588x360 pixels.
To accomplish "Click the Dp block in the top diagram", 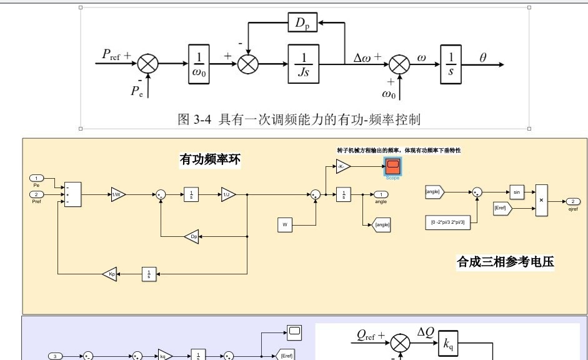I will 303,24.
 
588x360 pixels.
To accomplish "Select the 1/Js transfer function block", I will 303,63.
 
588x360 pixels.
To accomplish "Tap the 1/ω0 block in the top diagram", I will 201,63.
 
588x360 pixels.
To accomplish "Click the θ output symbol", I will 482,57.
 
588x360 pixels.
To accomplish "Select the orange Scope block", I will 392,167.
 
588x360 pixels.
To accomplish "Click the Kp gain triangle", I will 109,274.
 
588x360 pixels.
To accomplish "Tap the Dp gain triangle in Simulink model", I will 192,236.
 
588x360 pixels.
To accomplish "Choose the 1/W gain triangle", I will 118,194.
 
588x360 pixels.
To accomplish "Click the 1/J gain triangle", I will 227,194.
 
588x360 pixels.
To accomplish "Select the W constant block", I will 286,224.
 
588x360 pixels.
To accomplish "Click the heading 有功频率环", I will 210,161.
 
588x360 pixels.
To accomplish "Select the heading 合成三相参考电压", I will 505,262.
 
